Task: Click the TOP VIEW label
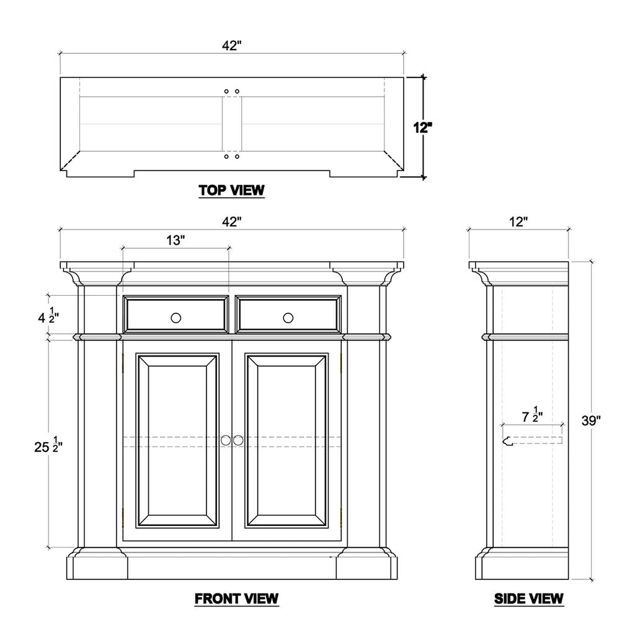pos(231,190)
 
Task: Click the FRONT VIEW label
pos(236,598)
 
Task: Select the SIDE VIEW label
pos(528,598)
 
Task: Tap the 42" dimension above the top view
pos(232,46)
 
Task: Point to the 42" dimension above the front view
pos(232,221)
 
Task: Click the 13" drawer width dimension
pos(175,240)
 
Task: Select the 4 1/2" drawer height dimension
pos(48,316)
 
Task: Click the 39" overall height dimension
pos(591,421)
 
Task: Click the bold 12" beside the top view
pos(422,128)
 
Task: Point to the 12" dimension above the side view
pos(518,221)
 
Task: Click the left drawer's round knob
pos(175,318)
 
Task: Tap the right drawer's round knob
pos(288,318)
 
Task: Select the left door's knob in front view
pos(226,440)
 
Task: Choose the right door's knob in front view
pos(238,440)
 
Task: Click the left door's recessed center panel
pos(177,441)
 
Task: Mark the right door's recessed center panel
pos(286,441)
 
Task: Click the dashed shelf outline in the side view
pos(532,441)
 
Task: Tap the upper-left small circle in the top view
pos(226,92)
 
